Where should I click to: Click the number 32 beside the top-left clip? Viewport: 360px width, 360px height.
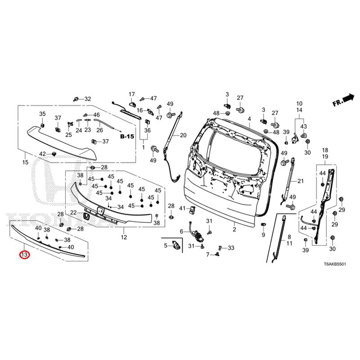[x=87, y=99]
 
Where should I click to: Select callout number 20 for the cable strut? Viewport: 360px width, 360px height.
[x=183, y=135]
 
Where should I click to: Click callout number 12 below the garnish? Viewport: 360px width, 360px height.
[x=124, y=237]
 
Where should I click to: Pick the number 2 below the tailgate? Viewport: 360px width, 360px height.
[x=234, y=230]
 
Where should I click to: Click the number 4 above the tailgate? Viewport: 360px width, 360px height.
[x=249, y=119]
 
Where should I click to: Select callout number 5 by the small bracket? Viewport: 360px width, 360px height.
[x=165, y=245]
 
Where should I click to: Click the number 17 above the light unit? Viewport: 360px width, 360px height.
[x=132, y=94]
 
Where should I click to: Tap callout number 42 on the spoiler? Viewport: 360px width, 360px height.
[x=42, y=154]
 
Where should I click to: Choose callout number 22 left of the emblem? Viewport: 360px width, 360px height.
[x=73, y=212]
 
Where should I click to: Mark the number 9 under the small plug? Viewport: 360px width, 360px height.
[x=263, y=235]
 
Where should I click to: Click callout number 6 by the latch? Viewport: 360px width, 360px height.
[x=182, y=231]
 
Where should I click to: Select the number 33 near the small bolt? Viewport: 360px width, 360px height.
[x=231, y=248]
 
